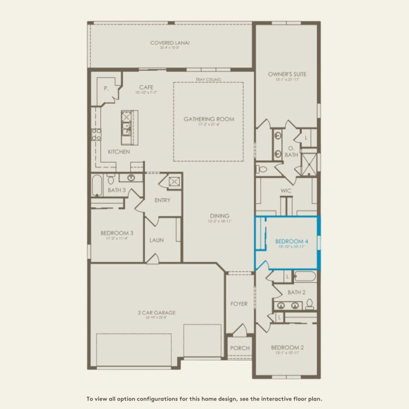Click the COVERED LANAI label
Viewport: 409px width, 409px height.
[x=169, y=43]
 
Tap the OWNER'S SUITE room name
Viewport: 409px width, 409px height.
[x=287, y=74]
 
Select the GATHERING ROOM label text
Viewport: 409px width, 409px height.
[x=209, y=119]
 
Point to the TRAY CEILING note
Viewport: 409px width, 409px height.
[x=209, y=79]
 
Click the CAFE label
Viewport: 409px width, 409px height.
[x=146, y=87]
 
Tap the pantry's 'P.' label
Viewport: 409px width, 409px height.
[x=106, y=89]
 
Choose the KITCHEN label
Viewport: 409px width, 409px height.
[x=119, y=152]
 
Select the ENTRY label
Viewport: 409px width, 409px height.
[x=162, y=200]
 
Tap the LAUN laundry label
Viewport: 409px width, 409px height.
[x=156, y=240]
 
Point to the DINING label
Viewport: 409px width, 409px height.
[x=218, y=216]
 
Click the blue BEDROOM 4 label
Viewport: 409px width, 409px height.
[x=291, y=241]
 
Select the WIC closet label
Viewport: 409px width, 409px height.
[x=287, y=191]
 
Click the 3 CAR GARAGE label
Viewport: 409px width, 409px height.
[x=157, y=313]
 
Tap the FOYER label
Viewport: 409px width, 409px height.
[x=239, y=304]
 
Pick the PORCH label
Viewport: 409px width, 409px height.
[x=240, y=348]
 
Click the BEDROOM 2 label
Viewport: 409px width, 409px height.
[x=287, y=348]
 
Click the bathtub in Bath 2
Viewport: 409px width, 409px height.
[x=305, y=277]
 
